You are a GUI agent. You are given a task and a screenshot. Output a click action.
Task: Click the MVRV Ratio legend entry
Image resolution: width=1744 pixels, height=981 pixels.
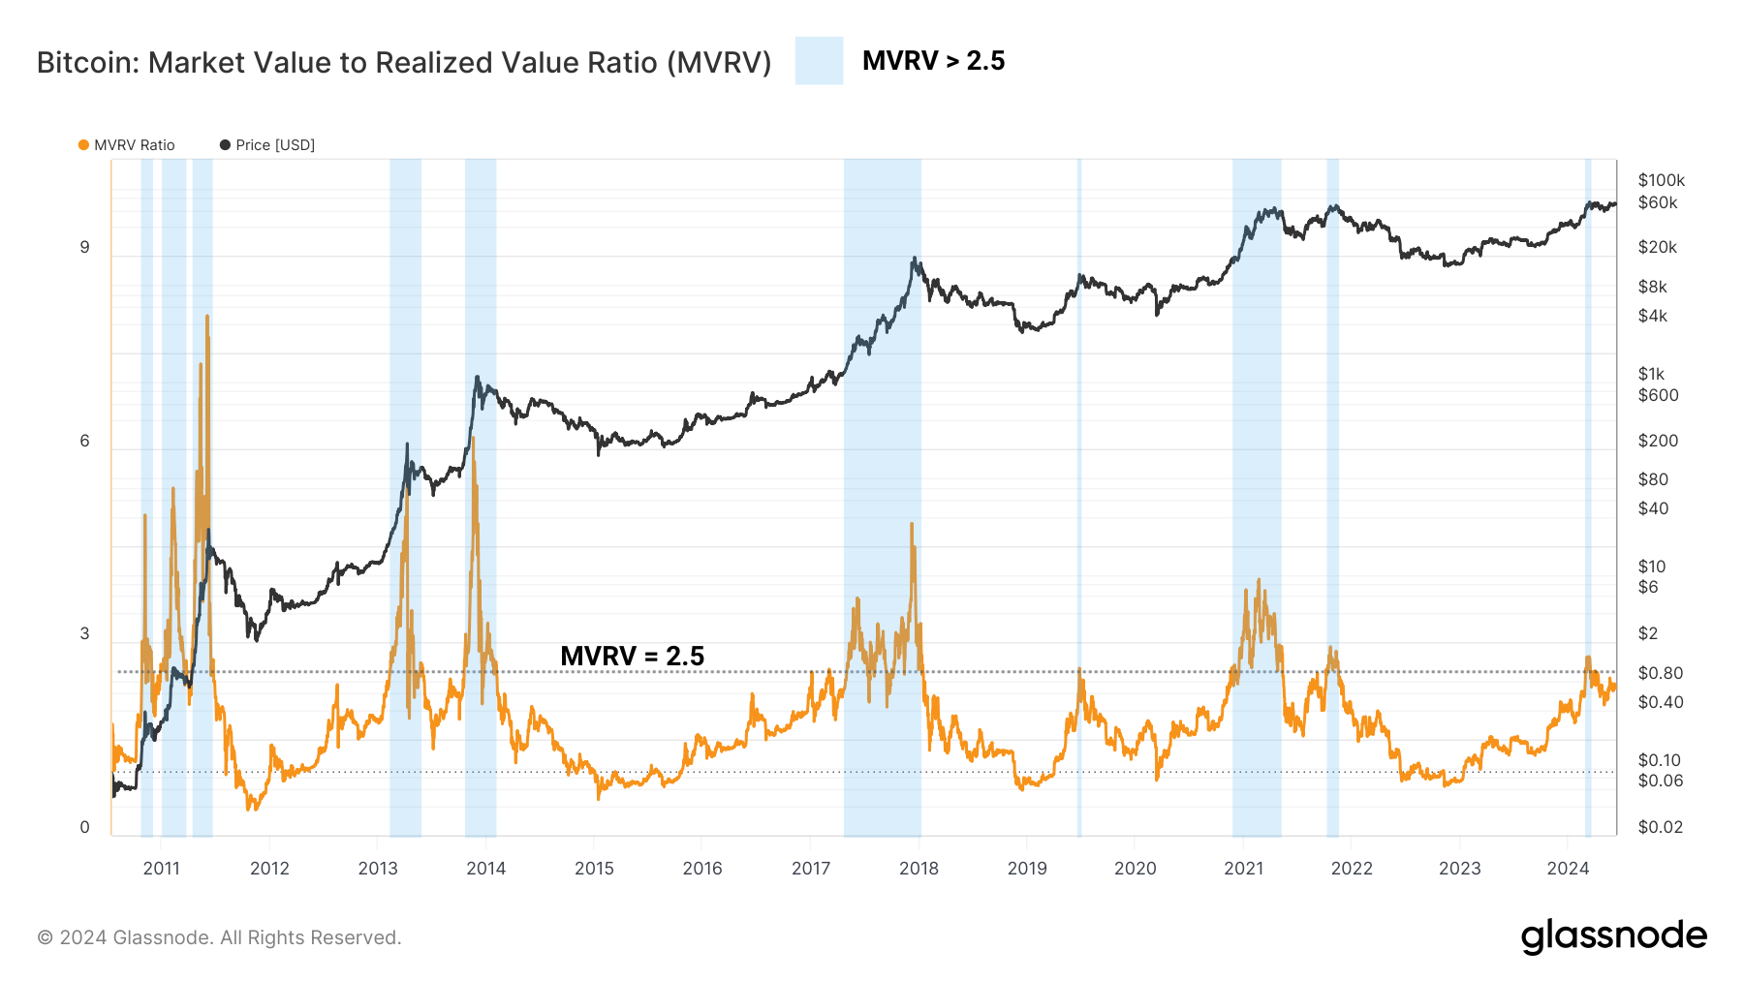pos(127,145)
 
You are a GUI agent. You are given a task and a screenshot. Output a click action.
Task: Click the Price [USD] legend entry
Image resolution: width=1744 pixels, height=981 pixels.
pos(267,145)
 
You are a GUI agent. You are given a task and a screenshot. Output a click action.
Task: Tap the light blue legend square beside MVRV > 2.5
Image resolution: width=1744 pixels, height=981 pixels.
pos(819,61)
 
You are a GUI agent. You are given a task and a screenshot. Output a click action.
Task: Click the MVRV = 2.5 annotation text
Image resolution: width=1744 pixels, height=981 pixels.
pos(632,656)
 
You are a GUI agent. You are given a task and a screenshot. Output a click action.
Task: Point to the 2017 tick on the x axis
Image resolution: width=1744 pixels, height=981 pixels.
pos(810,868)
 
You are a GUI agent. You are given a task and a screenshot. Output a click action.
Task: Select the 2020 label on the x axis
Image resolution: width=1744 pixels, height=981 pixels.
pos(1135,868)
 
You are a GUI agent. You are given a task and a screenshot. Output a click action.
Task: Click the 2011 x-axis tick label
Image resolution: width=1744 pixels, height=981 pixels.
pos(161,868)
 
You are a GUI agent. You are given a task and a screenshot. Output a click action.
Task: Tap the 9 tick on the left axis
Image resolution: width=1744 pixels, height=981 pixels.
pos(84,247)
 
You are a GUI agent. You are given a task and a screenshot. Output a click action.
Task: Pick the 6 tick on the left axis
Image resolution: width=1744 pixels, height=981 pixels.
pos(84,441)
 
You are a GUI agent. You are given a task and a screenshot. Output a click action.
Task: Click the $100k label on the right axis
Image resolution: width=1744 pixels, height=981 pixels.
pos(1661,180)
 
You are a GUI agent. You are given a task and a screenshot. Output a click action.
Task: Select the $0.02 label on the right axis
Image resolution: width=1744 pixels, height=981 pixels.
pos(1660,827)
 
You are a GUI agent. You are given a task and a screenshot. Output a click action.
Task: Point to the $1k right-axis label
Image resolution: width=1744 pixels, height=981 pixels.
pos(1651,374)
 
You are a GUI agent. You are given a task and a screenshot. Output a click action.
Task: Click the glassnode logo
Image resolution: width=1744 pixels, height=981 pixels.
pos(1613,936)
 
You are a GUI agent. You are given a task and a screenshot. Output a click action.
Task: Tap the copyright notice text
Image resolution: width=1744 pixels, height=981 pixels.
pos(219,937)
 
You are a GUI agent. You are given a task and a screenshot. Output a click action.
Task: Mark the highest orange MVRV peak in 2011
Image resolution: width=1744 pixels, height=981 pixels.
pos(207,317)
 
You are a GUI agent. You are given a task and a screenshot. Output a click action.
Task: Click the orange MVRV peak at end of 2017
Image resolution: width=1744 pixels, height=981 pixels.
pos(912,525)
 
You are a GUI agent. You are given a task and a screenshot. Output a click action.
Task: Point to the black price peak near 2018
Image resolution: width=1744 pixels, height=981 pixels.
pos(914,260)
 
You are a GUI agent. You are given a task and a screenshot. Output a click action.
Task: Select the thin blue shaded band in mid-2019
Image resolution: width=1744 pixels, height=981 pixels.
pos(1079,484)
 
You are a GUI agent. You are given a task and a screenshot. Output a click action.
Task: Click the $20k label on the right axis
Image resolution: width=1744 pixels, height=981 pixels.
pos(1657,247)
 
